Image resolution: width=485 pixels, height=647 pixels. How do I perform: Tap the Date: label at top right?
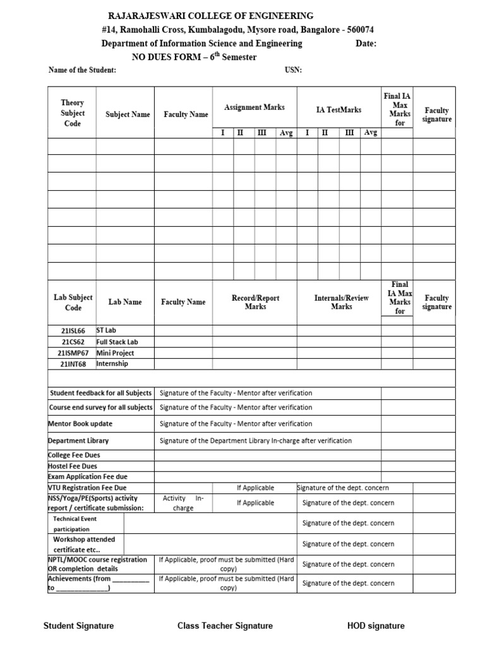(366, 44)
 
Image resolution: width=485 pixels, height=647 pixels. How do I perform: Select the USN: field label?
(294, 70)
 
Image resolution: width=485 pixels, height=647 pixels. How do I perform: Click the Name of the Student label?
(82, 70)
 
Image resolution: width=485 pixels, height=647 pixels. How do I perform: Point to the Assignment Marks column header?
(254, 107)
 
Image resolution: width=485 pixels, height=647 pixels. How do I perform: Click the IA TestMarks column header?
(338, 110)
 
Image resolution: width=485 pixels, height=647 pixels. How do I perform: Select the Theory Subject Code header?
(73, 113)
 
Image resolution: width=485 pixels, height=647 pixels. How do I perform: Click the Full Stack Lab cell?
(117, 342)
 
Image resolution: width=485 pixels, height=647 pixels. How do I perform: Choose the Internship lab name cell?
(112, 364)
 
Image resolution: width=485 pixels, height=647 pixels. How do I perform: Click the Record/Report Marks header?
(255, 302)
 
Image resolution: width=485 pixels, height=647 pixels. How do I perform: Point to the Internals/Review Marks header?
(341, 302)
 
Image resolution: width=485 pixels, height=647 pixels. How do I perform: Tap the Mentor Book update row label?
(80, 424)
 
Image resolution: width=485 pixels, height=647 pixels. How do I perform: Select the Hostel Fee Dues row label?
(73, 466)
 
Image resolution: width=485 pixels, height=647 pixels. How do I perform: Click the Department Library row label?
(78, 441)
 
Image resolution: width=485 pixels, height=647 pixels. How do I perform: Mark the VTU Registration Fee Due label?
(87, 488)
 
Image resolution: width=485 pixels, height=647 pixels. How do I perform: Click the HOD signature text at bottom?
(376, 626)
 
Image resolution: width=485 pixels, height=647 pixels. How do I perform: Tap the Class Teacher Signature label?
(225, 626)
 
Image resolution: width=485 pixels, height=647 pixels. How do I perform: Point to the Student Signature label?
(78, 626)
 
